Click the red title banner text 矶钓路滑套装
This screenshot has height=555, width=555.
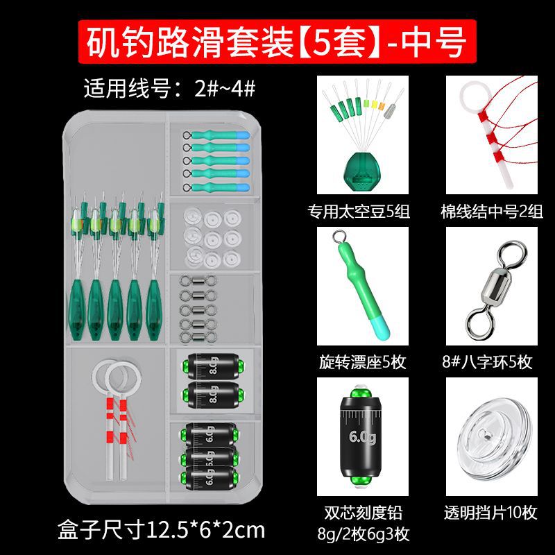190,42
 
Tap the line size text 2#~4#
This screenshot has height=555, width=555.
225,89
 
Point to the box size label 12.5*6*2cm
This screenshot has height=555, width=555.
205,530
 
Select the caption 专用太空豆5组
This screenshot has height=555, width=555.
359,212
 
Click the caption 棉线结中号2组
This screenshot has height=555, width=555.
492,212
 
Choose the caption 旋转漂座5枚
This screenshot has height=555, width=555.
362,362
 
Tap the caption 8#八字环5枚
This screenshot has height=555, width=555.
487,362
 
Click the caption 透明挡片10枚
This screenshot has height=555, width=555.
490,513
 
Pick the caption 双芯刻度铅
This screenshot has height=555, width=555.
363,513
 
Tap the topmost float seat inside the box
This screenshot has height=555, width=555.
216,135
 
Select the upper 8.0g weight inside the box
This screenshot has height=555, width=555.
213,366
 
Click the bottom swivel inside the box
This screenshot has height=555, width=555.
198,336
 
